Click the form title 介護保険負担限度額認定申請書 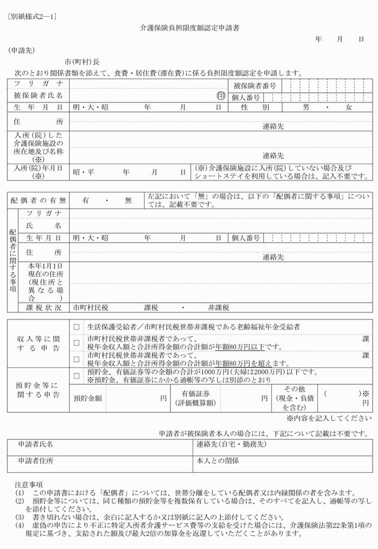pos(190,28)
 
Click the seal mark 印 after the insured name pos(221,96)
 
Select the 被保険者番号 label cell pos(254,86)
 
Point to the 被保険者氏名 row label pos(38,96)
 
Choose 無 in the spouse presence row pos(127,200)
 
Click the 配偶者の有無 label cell pos(38,200)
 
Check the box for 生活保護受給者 pos(76,328)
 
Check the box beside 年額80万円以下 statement pos(76,343)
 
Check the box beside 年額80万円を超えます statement pos(76,360)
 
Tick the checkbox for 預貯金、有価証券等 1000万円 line pos(76,376)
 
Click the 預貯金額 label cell pos(88,397)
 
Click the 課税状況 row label pos(44,307)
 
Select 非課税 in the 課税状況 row pos(218,307)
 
